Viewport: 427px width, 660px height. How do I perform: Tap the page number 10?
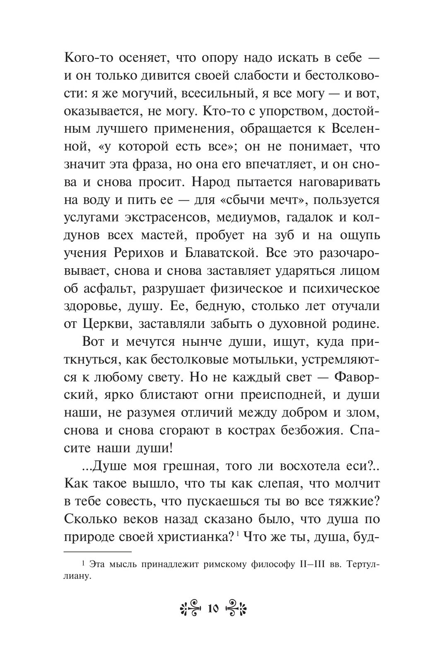click(x=213, y=609)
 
